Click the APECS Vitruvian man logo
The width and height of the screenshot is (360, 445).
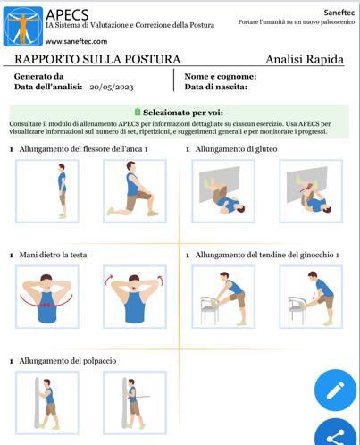(23, 26)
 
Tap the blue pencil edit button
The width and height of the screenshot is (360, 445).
(335, 390)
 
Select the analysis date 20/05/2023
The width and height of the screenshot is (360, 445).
(112, 88)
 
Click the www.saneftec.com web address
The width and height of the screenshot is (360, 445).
(76, 41)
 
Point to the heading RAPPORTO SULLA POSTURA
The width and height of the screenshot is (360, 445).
(97, 59)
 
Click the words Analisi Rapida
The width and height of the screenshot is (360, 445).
(305, 59)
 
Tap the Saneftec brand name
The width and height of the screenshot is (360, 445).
(339, 13)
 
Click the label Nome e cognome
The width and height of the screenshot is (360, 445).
(221, 77)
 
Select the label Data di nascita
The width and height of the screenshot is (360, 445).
(216, 87)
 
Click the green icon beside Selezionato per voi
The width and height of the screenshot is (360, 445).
(138, 112)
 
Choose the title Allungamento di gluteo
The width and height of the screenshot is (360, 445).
(236, 149)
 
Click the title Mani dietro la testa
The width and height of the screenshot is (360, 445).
(53, 255)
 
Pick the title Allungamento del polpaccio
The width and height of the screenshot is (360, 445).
(68, 361)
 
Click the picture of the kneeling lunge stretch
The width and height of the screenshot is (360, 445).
(135, 191)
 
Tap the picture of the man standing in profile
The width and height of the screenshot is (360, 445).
(47, 191)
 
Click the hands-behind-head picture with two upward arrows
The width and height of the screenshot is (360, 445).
(135, 297)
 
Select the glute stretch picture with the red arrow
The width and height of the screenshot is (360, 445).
(311, 191)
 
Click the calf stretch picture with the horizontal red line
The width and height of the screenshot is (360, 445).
(135, 403)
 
